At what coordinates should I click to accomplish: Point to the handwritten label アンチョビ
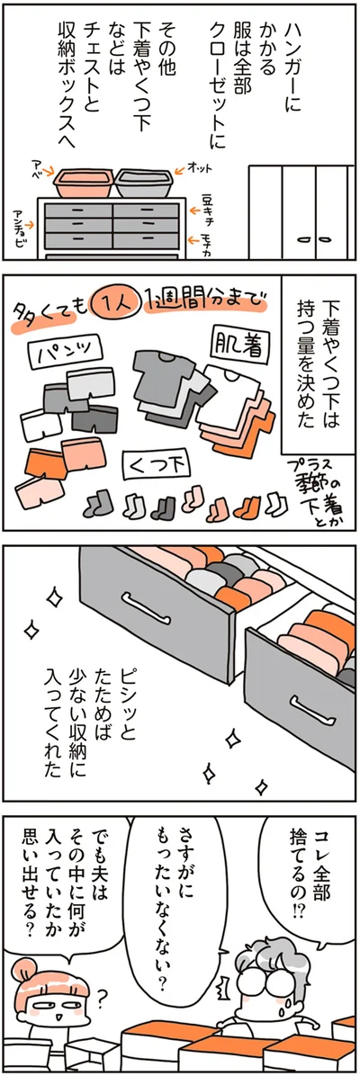21,229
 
